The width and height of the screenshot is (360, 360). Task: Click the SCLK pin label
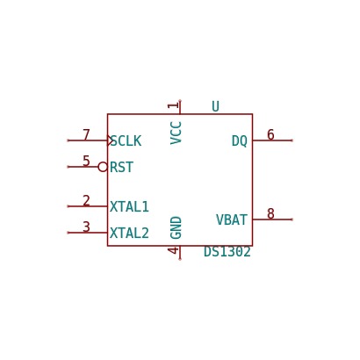pos(126,141)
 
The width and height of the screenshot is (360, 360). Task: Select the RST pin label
pos(121,167)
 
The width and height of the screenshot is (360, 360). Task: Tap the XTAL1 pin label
pos(129,206)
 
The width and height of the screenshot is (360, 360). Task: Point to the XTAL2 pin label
pos(129,233)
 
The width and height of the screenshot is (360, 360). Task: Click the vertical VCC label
pos(176,133)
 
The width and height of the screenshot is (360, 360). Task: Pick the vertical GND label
pos(176,227)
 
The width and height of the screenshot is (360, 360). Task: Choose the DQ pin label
pos(240,141)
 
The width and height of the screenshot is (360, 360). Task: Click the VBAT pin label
pos(232,220)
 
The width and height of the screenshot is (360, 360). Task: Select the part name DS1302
pos(227,252)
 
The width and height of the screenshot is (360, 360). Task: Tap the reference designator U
pos(215,106)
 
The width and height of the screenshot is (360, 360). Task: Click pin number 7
pos(86,135)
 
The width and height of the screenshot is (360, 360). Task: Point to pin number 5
pos(86,161)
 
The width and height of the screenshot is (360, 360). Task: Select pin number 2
pos(86,201)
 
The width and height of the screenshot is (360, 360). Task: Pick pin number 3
pos(86,227)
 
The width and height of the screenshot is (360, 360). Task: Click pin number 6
pos(270,134)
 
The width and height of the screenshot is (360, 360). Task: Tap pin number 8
pos(270,213)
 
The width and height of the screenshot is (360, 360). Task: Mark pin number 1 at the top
pos(173,105)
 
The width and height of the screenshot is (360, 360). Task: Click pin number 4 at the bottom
pos(173,250)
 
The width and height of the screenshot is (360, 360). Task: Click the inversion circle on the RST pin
pos(103,167)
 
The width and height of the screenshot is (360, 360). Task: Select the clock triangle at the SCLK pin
pos(110,140)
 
